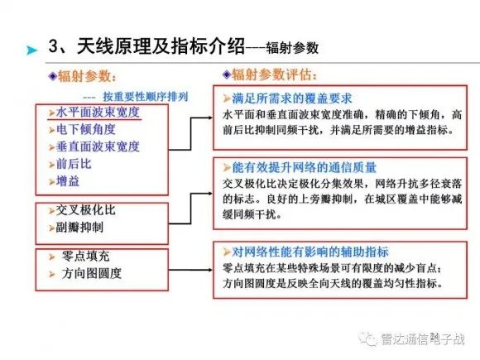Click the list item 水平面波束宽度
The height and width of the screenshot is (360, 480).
pyautogui.click(x=98, y=113)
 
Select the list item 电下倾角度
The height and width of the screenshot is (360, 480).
pyautogui.click(x=86, y=129)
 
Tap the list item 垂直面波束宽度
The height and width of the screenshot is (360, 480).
pyautogui.click(x=98, y=147)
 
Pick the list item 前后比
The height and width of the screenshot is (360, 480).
pyautogui.click(x=74, y=164)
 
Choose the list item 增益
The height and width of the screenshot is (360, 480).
pyautogui.click(x=68, y=181)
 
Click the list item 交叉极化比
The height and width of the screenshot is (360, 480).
pyautogui.click(x=86, y=210)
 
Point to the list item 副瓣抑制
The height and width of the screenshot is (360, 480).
pyautogui.click(x=79, y=228)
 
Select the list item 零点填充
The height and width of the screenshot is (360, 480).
pyautogui.click(x=86, y=257)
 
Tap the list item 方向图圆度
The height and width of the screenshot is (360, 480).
pyautogui.click(x=92, y=273)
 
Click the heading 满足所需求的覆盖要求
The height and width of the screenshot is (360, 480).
pyautogui.click(x=292, y=98)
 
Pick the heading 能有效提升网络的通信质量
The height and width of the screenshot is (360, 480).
pyautogui.click(x=304, y=167)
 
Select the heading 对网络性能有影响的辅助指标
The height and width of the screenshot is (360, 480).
pyautogui.click(x=310, y=252)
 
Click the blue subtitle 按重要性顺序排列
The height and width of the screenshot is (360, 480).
pyautogui.click(x=146, y=97)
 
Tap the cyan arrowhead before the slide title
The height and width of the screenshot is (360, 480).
pyautogui.click(x=31, y=50)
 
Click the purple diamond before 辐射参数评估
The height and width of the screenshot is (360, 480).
pyautogui.click(x=227, y=74)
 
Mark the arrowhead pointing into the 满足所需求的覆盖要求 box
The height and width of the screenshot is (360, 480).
pyautogui.click(x=210, y=118)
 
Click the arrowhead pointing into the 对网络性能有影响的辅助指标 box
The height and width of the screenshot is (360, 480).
pyautogui.click(x=210, y=270)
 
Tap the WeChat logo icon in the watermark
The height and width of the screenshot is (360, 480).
pyautogui.click(x=368, y=338)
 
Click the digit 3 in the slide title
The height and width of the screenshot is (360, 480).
pyautogui.click(x=54, y=47)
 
